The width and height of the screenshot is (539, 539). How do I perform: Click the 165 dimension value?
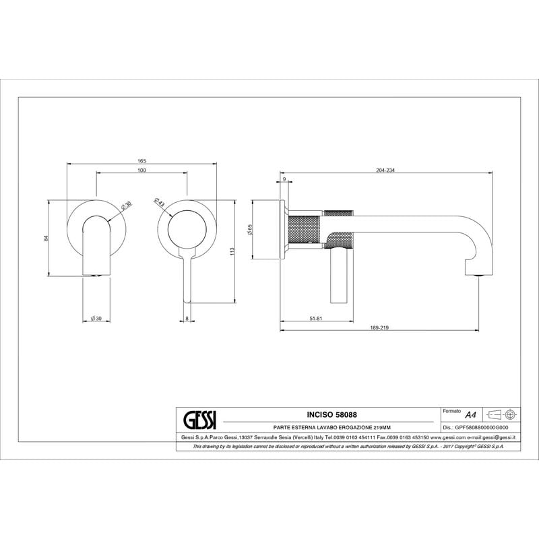[x=142, y=161]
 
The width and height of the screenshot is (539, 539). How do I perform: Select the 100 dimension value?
[x=141, y=170]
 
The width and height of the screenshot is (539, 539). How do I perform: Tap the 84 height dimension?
[x=46, y=238]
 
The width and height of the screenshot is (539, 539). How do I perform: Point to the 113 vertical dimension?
[x=232, y=251]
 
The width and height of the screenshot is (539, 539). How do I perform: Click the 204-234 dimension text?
[x=385, y=170]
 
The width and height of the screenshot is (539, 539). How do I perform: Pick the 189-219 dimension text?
[x=379, y=327]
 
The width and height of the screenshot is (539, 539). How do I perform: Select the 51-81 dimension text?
[x=316, y=319]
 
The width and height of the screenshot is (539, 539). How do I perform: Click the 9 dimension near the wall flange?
[x=284, y=179]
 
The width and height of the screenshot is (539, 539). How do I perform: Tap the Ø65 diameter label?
[x=250, y=230]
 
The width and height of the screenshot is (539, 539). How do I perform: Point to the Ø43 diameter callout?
[x=160, y=202]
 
